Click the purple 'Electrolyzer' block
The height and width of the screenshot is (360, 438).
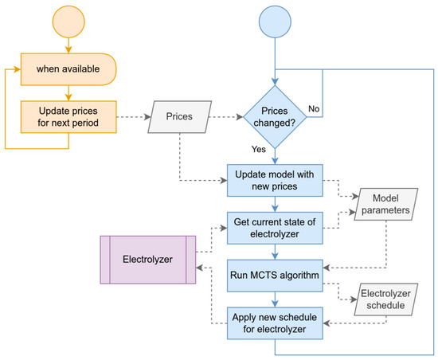(x=149, y=259)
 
